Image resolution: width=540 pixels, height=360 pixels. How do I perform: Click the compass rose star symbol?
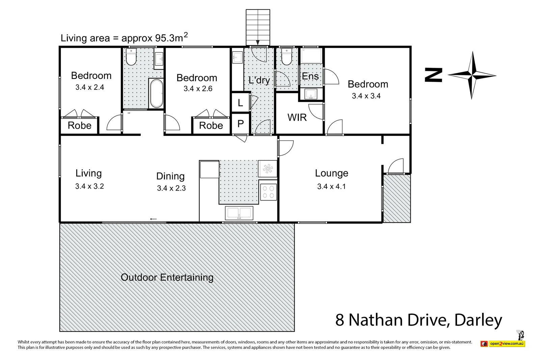[472, 75]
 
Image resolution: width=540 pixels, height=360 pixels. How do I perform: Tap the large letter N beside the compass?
[434, 75]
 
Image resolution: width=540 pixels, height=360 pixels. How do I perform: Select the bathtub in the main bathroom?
[156, 93]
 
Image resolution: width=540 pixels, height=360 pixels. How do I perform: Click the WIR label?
[297, 117]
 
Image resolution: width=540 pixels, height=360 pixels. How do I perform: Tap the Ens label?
[310, 76]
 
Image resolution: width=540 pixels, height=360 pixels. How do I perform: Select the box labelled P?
[240, 123]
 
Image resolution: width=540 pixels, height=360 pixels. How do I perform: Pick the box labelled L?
[240, 103]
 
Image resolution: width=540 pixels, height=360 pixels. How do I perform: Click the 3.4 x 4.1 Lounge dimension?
[331, 186]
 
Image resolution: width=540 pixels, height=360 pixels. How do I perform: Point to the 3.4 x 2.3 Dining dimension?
[171, 188]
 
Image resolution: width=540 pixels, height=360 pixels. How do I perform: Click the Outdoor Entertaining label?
[167, 277]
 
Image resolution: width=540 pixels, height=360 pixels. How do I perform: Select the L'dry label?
[259, 80]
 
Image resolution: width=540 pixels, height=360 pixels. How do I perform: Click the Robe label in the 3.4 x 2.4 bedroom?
[79, 126]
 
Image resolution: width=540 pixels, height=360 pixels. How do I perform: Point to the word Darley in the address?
[478, 320]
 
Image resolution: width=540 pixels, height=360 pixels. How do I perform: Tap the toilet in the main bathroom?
[130, 57]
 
